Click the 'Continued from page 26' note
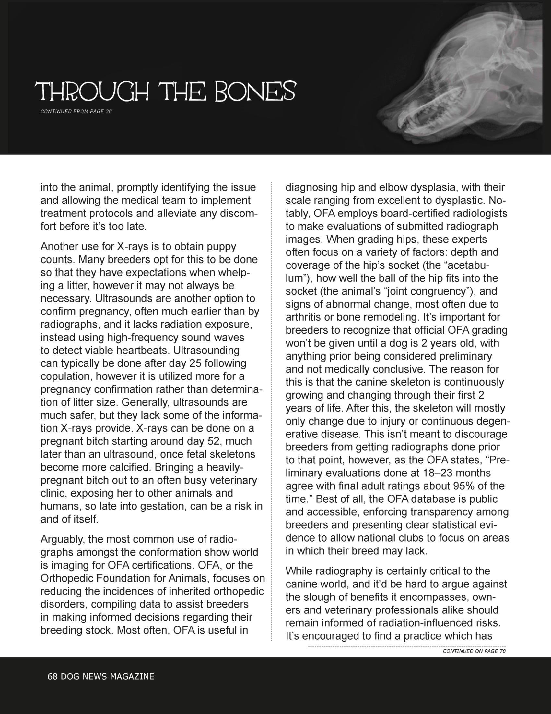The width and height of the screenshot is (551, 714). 76,111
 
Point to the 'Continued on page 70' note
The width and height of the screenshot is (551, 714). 474,651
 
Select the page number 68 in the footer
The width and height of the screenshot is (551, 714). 53,676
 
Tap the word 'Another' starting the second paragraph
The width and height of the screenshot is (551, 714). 59,247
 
